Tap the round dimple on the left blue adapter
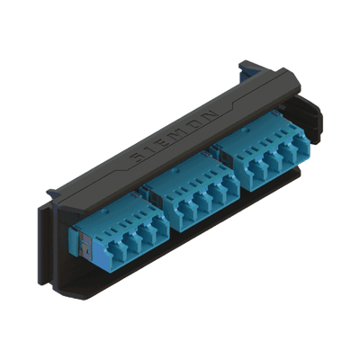pos(104,211)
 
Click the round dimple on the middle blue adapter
pos(177,171)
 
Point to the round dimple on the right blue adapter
pos(247,130)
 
